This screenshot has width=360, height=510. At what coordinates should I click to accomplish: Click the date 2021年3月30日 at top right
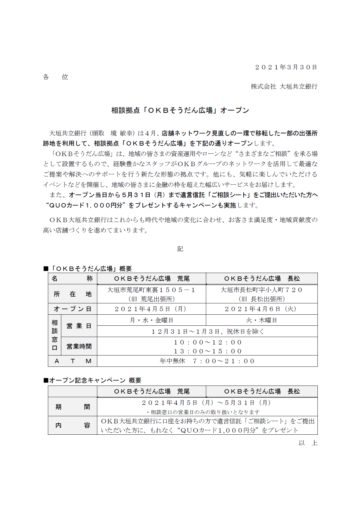[x=286, y=67]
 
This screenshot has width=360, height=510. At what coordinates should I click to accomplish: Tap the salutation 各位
[x=56, y=77]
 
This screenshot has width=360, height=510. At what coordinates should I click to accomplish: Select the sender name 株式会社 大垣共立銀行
[x=284, y=87]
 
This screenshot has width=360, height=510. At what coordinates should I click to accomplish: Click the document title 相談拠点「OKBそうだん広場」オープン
[x=180, y=110]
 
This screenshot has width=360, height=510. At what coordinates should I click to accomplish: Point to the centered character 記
[x=180, y=249]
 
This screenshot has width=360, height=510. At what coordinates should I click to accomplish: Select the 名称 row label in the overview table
[x=72, y=279]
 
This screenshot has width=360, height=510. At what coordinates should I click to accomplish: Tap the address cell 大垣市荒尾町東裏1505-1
[x=151, y=290]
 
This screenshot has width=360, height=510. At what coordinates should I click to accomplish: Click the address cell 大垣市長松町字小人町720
[x=262, y=290]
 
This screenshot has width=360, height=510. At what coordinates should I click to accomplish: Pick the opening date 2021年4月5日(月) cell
[x=151, y=309]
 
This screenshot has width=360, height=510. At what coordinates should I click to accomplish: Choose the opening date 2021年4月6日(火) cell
[x=262, y=309]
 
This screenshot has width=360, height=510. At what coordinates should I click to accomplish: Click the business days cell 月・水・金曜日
[x=151, y=320]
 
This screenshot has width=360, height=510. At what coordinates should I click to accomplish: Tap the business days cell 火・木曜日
[x=262, y=320]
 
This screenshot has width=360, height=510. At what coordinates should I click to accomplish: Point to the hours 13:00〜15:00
[x=207, y=351]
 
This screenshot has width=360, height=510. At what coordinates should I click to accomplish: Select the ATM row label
[x=72, y=361]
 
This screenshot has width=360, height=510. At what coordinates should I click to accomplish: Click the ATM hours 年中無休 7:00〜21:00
[x=207, y=361]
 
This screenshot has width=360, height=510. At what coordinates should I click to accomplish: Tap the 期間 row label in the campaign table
[x=72, y=407]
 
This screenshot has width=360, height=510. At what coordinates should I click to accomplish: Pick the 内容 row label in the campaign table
[x=72, y=425]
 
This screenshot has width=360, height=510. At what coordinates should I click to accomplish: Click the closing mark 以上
[x=308, y=443]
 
